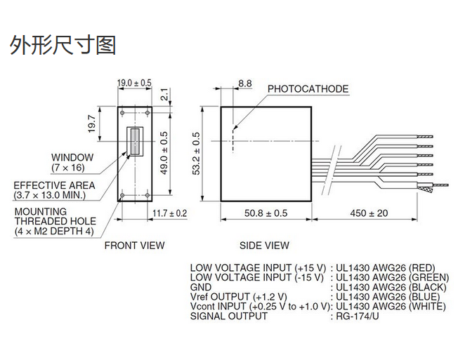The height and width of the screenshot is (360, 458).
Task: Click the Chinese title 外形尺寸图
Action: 62,46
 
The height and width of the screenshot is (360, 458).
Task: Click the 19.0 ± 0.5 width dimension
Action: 134,83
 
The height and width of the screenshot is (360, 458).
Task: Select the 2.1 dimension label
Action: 164,93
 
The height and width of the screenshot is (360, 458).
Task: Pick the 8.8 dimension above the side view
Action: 244,84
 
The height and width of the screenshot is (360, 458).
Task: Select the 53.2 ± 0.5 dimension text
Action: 196,154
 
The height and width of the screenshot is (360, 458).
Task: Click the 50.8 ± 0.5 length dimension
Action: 266,213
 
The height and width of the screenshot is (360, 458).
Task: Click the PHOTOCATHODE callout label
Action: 308,89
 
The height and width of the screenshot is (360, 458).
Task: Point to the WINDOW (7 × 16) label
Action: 72,162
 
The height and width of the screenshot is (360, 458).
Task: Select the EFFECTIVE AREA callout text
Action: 54,189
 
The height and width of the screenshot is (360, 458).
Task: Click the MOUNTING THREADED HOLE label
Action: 54,220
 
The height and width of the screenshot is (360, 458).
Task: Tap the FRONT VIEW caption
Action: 134,246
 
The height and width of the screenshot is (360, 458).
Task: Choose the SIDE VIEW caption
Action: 264,246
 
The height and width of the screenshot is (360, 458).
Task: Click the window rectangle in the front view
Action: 133,142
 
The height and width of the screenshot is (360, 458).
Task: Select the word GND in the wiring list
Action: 201,287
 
